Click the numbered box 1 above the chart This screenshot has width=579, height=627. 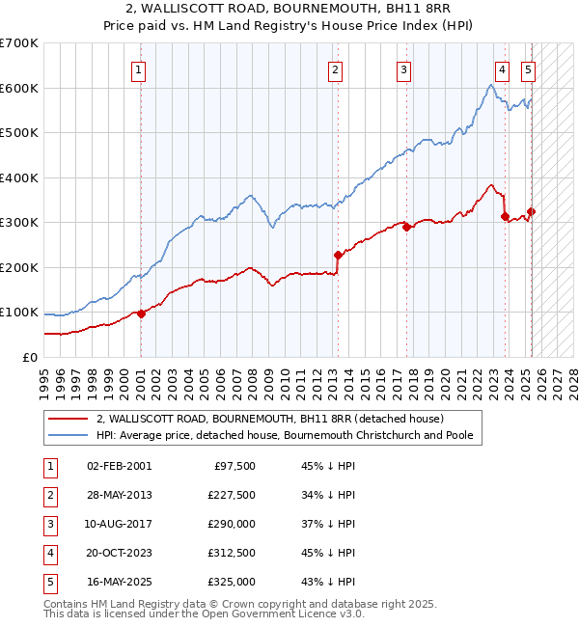tap(139, 69)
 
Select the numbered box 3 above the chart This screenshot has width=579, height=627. tap(403, 69)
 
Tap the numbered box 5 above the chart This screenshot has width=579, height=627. tap(529, 69)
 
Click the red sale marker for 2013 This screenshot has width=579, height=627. tap(338, 256)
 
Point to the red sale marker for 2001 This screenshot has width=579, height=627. tap(141, 313)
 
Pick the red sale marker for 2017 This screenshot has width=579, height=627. tap(406, 228)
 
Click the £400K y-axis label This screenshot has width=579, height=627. tap(19, 177)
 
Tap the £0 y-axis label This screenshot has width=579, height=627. tap(29, 357)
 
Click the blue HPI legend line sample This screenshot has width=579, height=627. tap(69, 435)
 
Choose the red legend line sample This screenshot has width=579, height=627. tap(69, 419)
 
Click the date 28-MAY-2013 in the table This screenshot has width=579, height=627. tap(119, 495)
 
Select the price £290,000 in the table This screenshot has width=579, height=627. tap(232, 524)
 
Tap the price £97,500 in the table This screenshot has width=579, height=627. tap(234, 466)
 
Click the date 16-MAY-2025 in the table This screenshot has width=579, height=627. tap(119, 582)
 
